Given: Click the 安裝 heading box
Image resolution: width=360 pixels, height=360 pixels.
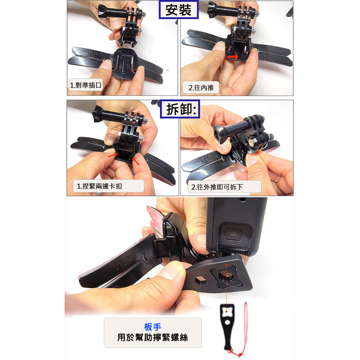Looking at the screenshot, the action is point(179,9).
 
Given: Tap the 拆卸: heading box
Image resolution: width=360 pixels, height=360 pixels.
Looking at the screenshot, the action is point(180,109).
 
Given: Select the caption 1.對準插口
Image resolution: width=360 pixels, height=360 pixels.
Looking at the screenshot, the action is point(85,85).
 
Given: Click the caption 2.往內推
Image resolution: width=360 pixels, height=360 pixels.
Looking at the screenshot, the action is point(201,88).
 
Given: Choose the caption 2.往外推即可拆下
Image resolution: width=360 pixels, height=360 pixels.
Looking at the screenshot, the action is point(224,187).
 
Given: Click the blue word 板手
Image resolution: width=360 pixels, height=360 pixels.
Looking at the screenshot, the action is point(153,327).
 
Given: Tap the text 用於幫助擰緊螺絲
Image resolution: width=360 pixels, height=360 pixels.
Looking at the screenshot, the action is point(153,337).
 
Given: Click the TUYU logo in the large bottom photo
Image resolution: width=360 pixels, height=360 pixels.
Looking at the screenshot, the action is point(127,259).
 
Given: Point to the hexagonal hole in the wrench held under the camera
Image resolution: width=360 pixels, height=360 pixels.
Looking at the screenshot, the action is point(200,280).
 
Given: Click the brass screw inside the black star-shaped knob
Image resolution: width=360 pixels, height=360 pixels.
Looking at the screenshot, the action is point(226,274).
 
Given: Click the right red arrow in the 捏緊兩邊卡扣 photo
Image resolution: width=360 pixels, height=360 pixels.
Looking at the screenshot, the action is point(136,161).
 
